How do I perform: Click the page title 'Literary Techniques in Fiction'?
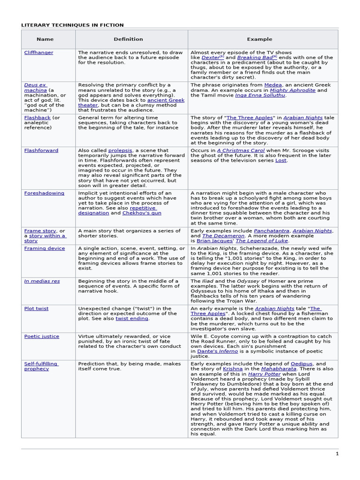click(x=72, y=25)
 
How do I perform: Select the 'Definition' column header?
click(x=128, y=39)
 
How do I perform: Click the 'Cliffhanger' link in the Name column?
click(x=38, y=53)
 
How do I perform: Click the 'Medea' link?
click(x=273, y=85)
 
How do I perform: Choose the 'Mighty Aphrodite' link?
click(x=292, y=90)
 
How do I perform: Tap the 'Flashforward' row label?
click(x=41, y=150)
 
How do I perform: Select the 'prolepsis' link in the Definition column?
click(x=120, y=150)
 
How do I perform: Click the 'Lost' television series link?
click(x=281, y=160)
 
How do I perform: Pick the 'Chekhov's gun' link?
click(x=142, y=213)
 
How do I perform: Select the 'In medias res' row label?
click(x=42, y=281)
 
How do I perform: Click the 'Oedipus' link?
click(x=301, y=364)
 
